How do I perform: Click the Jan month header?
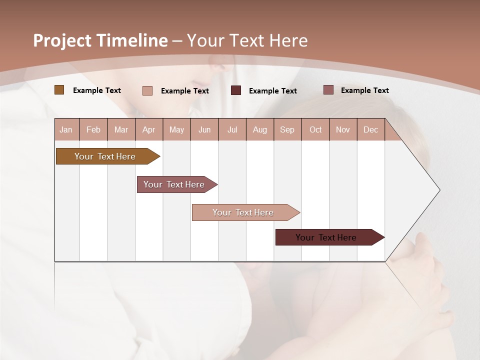(x=66, y=129)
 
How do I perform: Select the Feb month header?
(x=93, y=129)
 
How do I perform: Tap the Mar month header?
(x=121, y=129)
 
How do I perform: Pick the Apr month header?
(x=149, y=129)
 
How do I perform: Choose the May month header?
(x=176, y=129)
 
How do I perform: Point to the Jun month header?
(x=204, y=129)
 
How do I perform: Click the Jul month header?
(x=232, y=129)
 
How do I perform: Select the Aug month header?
(x=260, y=129)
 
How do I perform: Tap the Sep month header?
(x=287, y=129)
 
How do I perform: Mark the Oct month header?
(x=315, y=129)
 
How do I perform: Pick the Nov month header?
(x=343, y=129)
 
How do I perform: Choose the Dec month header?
(x=371, y=129)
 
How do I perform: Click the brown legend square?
(x=59, y=90)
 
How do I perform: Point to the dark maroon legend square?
(x=236, y=90)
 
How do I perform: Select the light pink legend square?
(x=147, y=90)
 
